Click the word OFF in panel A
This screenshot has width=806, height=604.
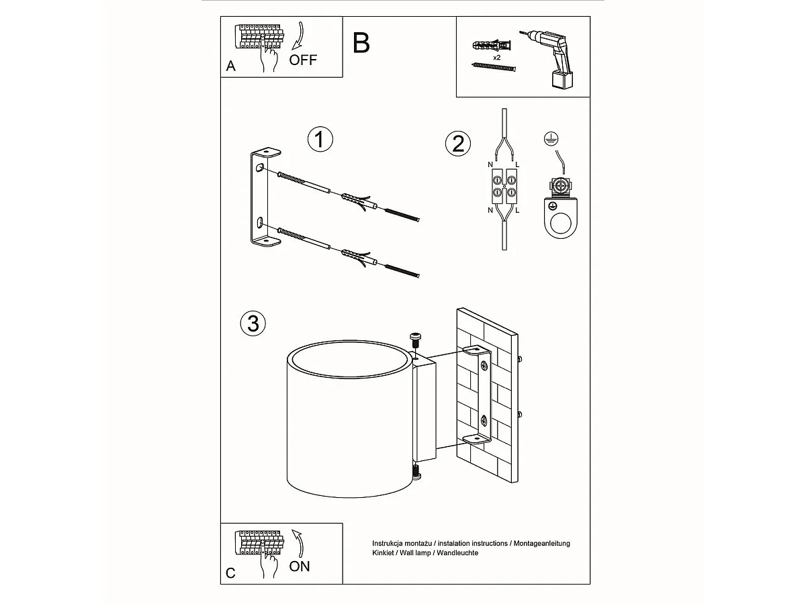pos(303,60)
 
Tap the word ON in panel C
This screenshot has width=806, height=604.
pos(300,566)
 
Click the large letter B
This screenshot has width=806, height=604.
pos(361,43)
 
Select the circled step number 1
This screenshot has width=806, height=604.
pos(320,140)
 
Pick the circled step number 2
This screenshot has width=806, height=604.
pos(458,144)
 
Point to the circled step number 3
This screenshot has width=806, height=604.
pos(253,323)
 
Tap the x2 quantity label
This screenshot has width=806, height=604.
pos(496,58)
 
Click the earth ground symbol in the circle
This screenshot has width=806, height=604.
pos(551,139)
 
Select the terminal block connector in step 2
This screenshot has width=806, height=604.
pos(504,186)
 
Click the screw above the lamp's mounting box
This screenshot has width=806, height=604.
pos(415,340)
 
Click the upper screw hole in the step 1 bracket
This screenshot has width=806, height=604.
pos(260,168)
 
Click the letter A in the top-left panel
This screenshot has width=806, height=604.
pos(230,66)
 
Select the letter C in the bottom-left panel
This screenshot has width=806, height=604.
pos(230,573)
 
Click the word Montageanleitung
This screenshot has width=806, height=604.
pos(541,544)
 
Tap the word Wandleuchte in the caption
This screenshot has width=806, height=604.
pos(457,553)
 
